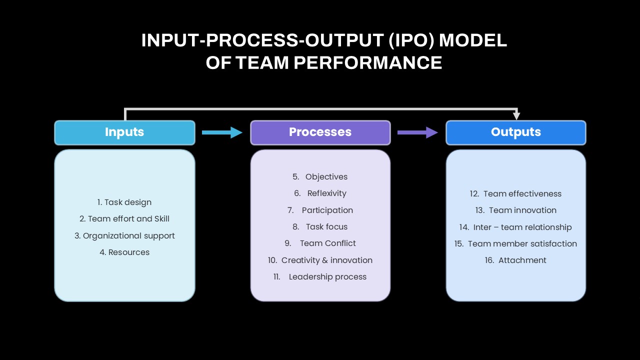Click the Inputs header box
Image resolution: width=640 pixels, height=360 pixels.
pyautogui.click(x=124, y=132)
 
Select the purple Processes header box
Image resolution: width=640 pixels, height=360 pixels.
pyautogui.click(x=320, y=132)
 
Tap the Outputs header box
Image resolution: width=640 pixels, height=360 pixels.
pyautogui.click(x=516, y=132)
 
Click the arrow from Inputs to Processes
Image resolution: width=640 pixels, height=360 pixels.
pyautogui.click(x=222, y=132)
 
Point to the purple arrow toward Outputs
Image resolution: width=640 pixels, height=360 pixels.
pyautogui.click(x=417, y=132)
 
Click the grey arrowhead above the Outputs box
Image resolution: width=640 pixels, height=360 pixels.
pyautogui.click(x=516, y=115)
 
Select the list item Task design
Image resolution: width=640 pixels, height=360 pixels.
pyautogui.click(x=124, y=202)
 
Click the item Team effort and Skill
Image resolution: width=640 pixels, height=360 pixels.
pyautogui.click(x=124, y=219)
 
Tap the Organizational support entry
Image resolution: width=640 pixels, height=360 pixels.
pyautogui.click(x=124, y=235)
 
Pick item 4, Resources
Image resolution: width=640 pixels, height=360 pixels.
pyautogui.click(x=124, y=252)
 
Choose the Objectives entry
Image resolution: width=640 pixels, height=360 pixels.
pyautogui.click(x=320, y=177)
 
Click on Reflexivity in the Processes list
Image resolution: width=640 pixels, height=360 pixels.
pyautogui.click(x=320, y=193)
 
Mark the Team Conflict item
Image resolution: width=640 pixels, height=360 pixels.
pyautogui.click(x=320, y=243)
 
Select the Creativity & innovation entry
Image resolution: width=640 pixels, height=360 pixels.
pyautogui.click(x=320, y=260)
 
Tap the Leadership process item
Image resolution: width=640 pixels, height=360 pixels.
pyautogui.click(x=320, y=277)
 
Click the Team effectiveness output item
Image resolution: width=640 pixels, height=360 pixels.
pyautogui.click(x=515, y=193)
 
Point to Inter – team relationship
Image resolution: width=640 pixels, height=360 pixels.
pyautogui.click(x=515, y=227)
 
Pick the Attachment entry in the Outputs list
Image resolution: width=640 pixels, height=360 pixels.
pyautogui.click(x=515, y=260)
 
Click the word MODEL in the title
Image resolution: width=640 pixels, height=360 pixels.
pyautogui.click(x=473, y=40)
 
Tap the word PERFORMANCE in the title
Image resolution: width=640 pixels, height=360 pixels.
pyautogui.click(x=368, y=62)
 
